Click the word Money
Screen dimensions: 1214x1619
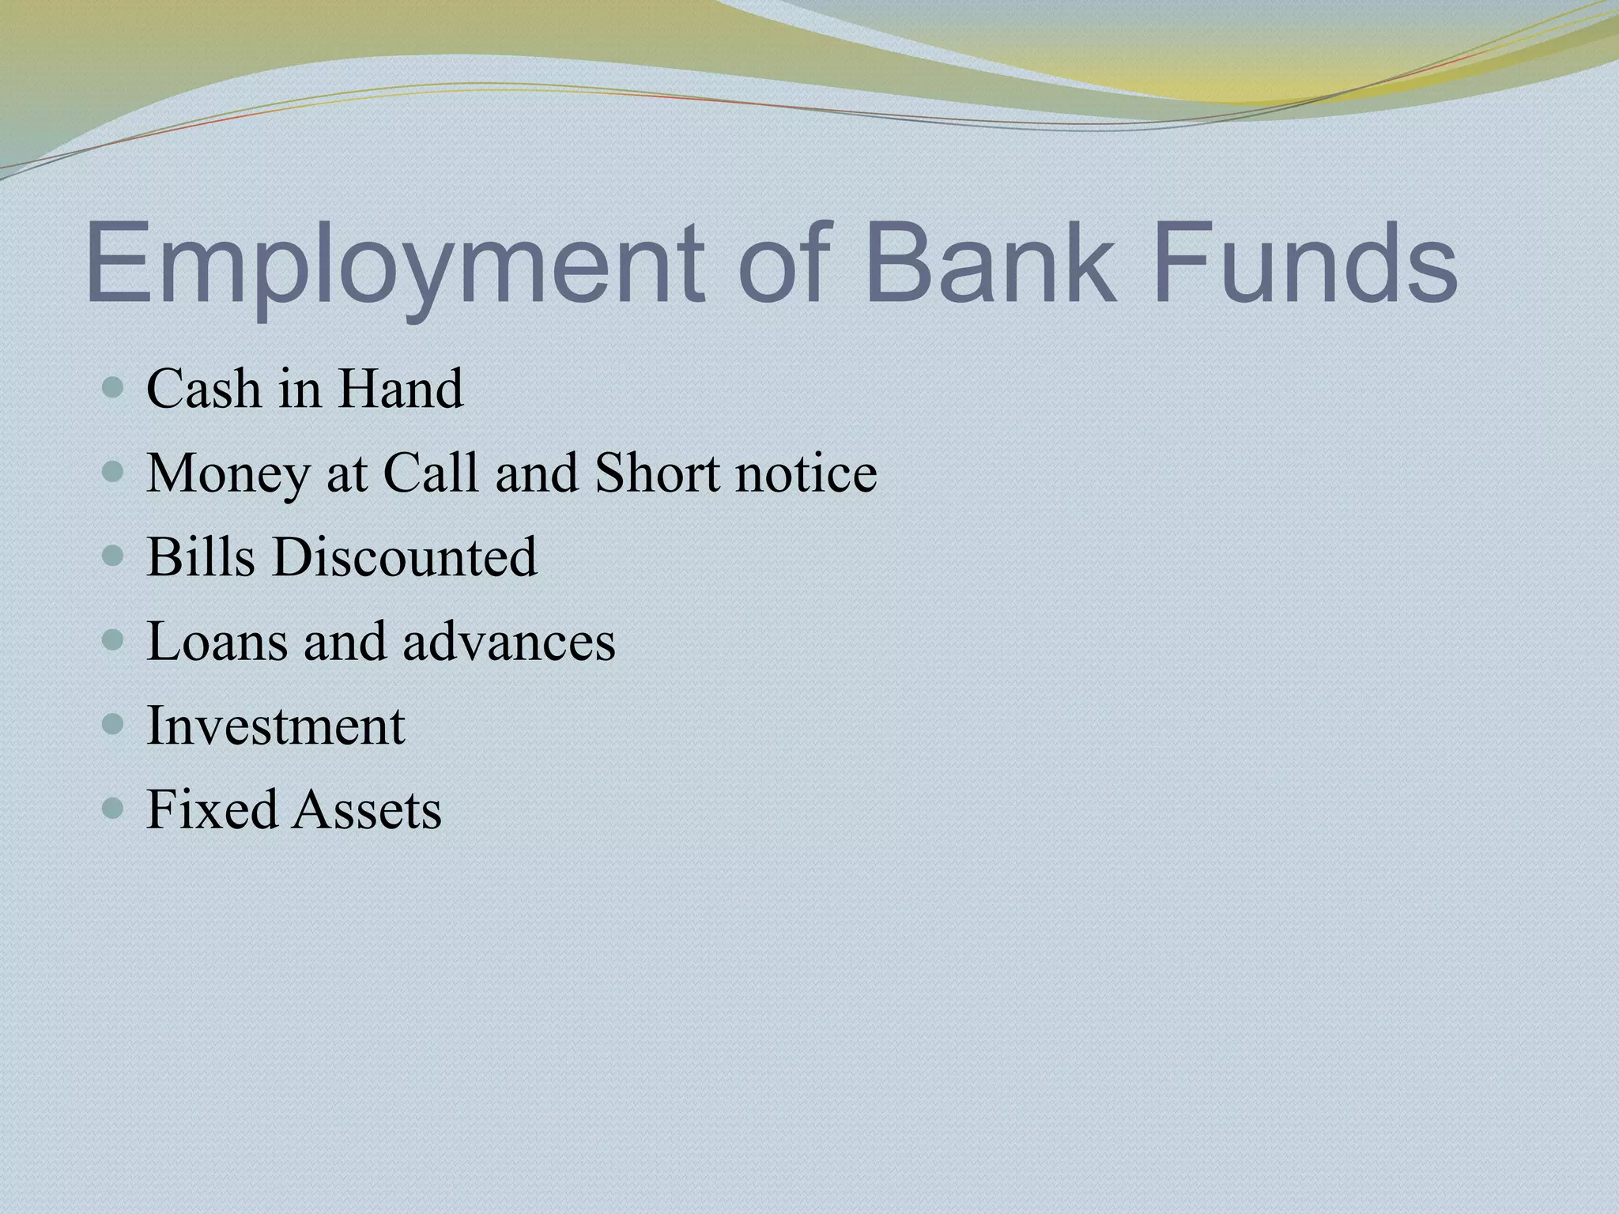click(228, 474)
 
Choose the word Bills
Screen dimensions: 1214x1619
click(201, 556)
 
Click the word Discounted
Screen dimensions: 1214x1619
click(405, 556)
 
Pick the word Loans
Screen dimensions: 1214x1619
click(217, 641)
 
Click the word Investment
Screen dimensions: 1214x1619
click(276, 726)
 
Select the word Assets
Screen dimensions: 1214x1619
click(367, 809)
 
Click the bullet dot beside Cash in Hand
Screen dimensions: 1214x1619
click(114, 388)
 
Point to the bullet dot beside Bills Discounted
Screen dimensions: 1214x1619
click(114, 556)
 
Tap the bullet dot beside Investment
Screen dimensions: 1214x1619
click(114, 725)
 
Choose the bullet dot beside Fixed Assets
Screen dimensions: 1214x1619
click(114, 809)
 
